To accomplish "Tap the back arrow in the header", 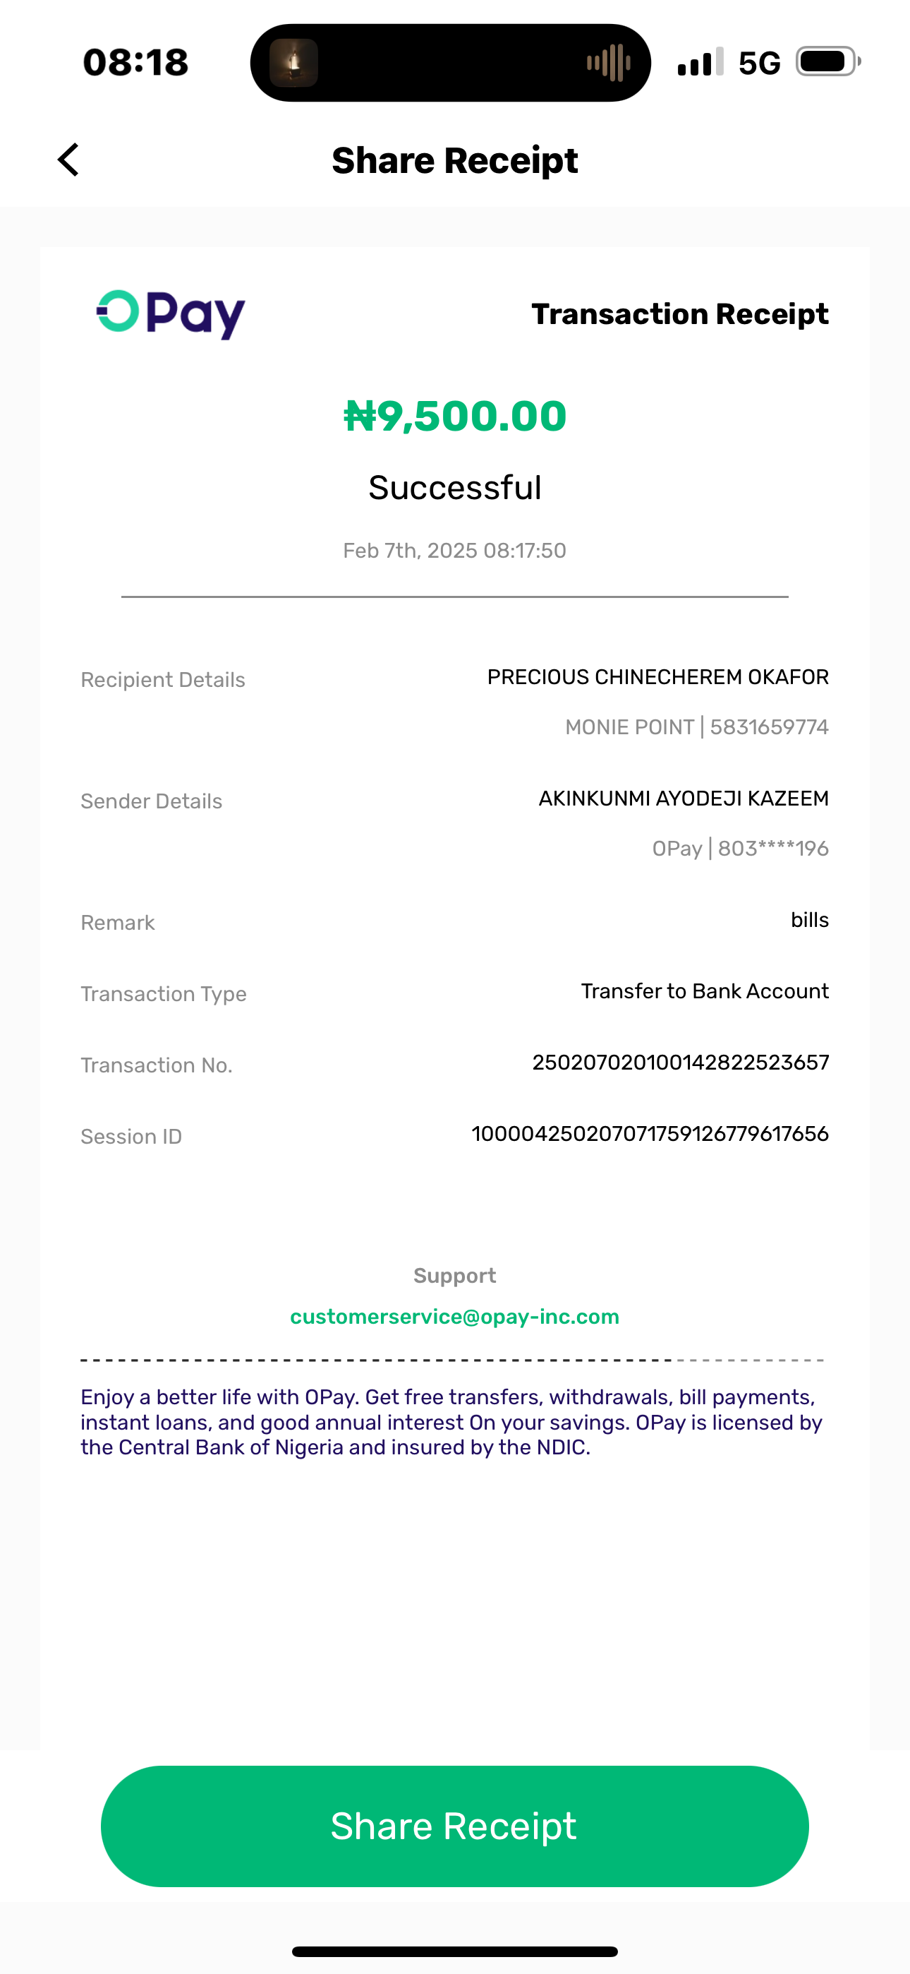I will coord(69,160).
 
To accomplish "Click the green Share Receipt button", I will coord(454,1826).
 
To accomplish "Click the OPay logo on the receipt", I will coord(170,313).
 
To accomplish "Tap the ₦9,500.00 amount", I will coord(455,416).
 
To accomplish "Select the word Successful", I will coord(455,488).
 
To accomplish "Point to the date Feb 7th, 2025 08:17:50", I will coord(454,551).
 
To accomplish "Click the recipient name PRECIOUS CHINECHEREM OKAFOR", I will coord(657,677).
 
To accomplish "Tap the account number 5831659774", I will coord(769,727).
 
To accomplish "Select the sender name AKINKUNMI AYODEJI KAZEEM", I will coord(684,798).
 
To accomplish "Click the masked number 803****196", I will coord(773,849).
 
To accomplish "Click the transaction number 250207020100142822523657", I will coord(680,1063).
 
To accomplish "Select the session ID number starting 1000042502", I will coord(650,1134).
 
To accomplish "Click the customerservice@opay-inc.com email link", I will coord(454,1317).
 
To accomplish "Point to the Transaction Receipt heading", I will coord(679,314).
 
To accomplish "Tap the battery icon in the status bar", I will coord(827,62).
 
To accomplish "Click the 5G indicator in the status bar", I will coord(759,63).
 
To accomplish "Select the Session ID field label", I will coord(131,1137).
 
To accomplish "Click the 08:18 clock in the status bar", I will coord(135,62).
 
